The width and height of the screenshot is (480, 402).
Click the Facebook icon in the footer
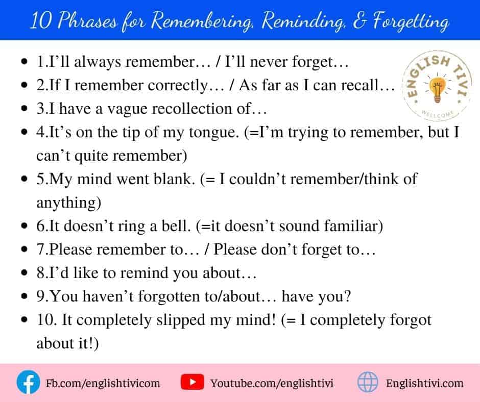coord(28,382)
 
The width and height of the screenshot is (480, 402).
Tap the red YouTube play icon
coord(192,382)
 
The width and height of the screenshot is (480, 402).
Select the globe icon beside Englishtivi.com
coord(368,382)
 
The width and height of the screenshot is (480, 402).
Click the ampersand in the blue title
coord(359,21)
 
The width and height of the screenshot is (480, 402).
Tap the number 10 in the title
coord(41,21)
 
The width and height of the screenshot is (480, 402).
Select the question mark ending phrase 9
coord(347,296)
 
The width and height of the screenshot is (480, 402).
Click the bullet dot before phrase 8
coord(24,272)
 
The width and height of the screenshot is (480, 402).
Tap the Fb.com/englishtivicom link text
coord(103,383)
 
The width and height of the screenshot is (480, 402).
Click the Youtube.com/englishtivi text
coord(272,383)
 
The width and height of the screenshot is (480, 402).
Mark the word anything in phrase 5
coord(68,203)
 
